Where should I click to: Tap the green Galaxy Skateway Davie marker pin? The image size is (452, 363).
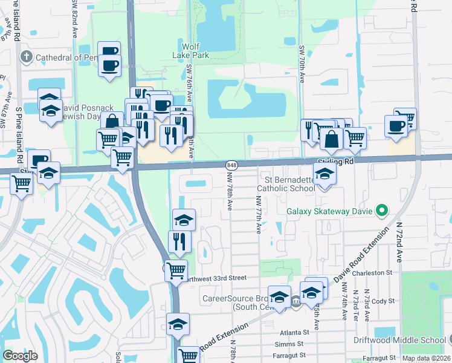(381, 211)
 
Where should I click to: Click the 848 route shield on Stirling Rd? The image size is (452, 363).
(232, 165)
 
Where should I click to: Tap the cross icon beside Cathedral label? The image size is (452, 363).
(26, 57)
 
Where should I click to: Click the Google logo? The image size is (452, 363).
(19, 356)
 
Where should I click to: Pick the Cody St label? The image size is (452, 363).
(383, 301)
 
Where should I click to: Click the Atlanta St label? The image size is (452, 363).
(294, 332)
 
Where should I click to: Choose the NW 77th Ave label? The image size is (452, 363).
(259, 215)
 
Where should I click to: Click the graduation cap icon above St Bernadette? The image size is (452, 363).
(325, 173)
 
